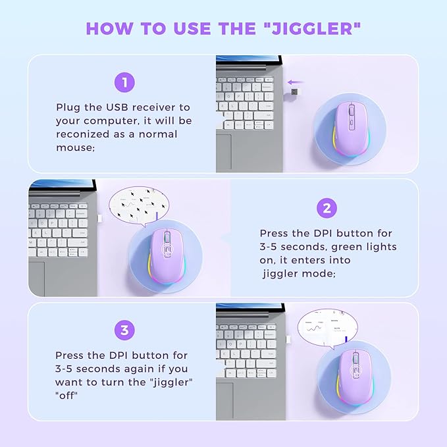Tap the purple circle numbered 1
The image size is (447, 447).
pyautogui.click(x=124, y=82)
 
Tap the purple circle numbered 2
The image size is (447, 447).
pyautogui.click(x=327, y=209)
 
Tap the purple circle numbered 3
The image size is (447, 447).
pyautogui.click(x=124, y=330)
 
